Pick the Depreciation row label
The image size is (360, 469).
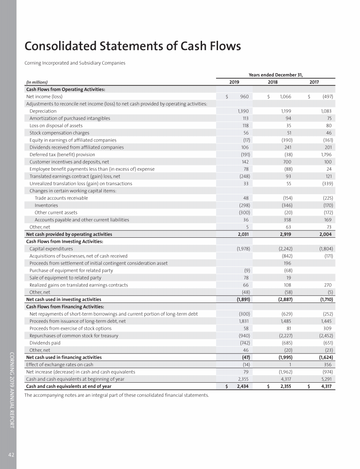coord(43,111)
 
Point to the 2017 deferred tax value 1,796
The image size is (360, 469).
coord(325,154)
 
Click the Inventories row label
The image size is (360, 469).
coord(46,205)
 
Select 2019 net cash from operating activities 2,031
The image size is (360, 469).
coord(242,234)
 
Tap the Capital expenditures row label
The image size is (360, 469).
coord(51,249)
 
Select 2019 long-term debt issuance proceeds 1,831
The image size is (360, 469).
coord(242,321)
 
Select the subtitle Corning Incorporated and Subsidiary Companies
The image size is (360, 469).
coord(75,63)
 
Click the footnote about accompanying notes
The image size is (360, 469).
coord(117,395)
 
